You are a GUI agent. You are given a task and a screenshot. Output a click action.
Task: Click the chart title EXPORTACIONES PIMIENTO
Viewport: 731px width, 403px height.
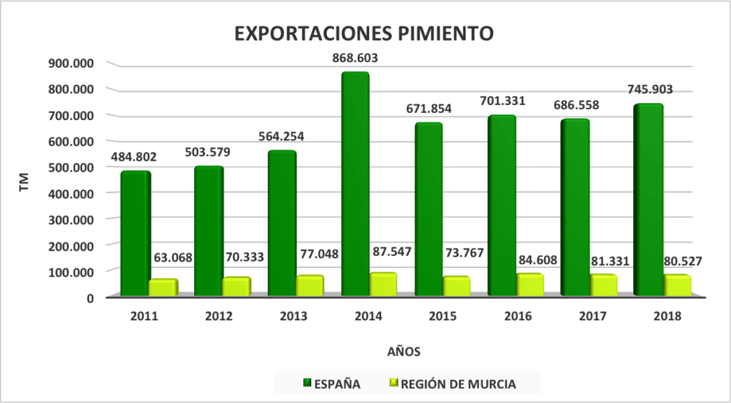point(364,34)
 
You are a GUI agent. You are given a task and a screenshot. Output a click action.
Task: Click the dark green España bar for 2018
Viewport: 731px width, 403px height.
point(648,200)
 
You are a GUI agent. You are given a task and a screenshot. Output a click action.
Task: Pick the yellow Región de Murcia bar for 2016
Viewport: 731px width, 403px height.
point(529,284)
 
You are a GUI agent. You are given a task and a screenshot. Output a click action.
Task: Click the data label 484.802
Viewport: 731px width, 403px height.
point(135,156)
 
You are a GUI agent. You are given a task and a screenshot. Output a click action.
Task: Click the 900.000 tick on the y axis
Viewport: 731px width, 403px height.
point(71,63)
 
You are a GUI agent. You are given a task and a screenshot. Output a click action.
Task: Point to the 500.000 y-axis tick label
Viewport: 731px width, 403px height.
point(71,167)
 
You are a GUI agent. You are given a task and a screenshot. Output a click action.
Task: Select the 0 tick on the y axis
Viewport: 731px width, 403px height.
point(90,297)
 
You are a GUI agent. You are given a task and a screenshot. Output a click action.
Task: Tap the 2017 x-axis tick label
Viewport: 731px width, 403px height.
point(593,317)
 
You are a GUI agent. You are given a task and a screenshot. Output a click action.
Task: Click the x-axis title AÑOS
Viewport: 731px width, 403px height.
point(403,351)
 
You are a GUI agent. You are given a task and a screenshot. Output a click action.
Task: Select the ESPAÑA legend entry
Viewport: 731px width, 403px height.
point(332,384)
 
